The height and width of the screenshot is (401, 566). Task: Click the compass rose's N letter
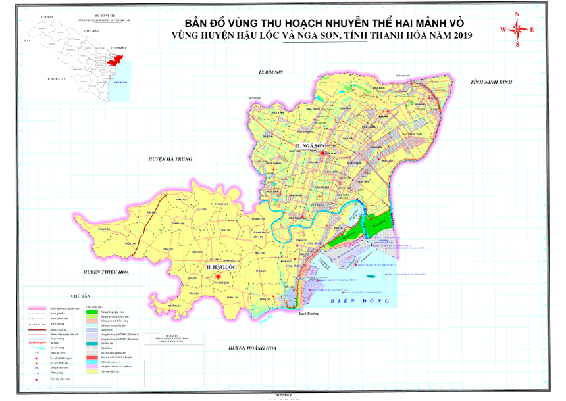point(518,14)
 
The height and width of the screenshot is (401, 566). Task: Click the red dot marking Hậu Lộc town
point(216,278)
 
